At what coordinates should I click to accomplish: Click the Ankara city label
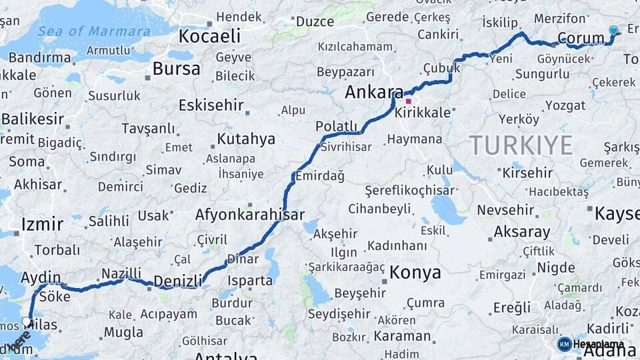[373, 93]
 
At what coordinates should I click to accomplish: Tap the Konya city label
[415, 272]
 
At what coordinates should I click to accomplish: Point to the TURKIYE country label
[521, 145]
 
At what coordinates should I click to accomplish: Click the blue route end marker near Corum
[613, 31]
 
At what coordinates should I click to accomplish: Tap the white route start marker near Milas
[27, 321]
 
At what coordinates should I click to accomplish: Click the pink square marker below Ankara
[408, 101]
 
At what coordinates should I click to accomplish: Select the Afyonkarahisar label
[249, 215]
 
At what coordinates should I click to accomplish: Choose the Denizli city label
[177, 281]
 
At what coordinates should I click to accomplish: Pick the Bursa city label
[176, 68]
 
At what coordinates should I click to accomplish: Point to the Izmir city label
[42, 223]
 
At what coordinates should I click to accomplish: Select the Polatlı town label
[336, 127]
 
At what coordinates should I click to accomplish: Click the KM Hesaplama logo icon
[564, 344]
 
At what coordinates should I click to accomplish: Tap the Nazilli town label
[121, 273]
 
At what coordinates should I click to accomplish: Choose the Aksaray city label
[522, 232]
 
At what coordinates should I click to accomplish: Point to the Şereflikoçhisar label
[401, 190]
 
